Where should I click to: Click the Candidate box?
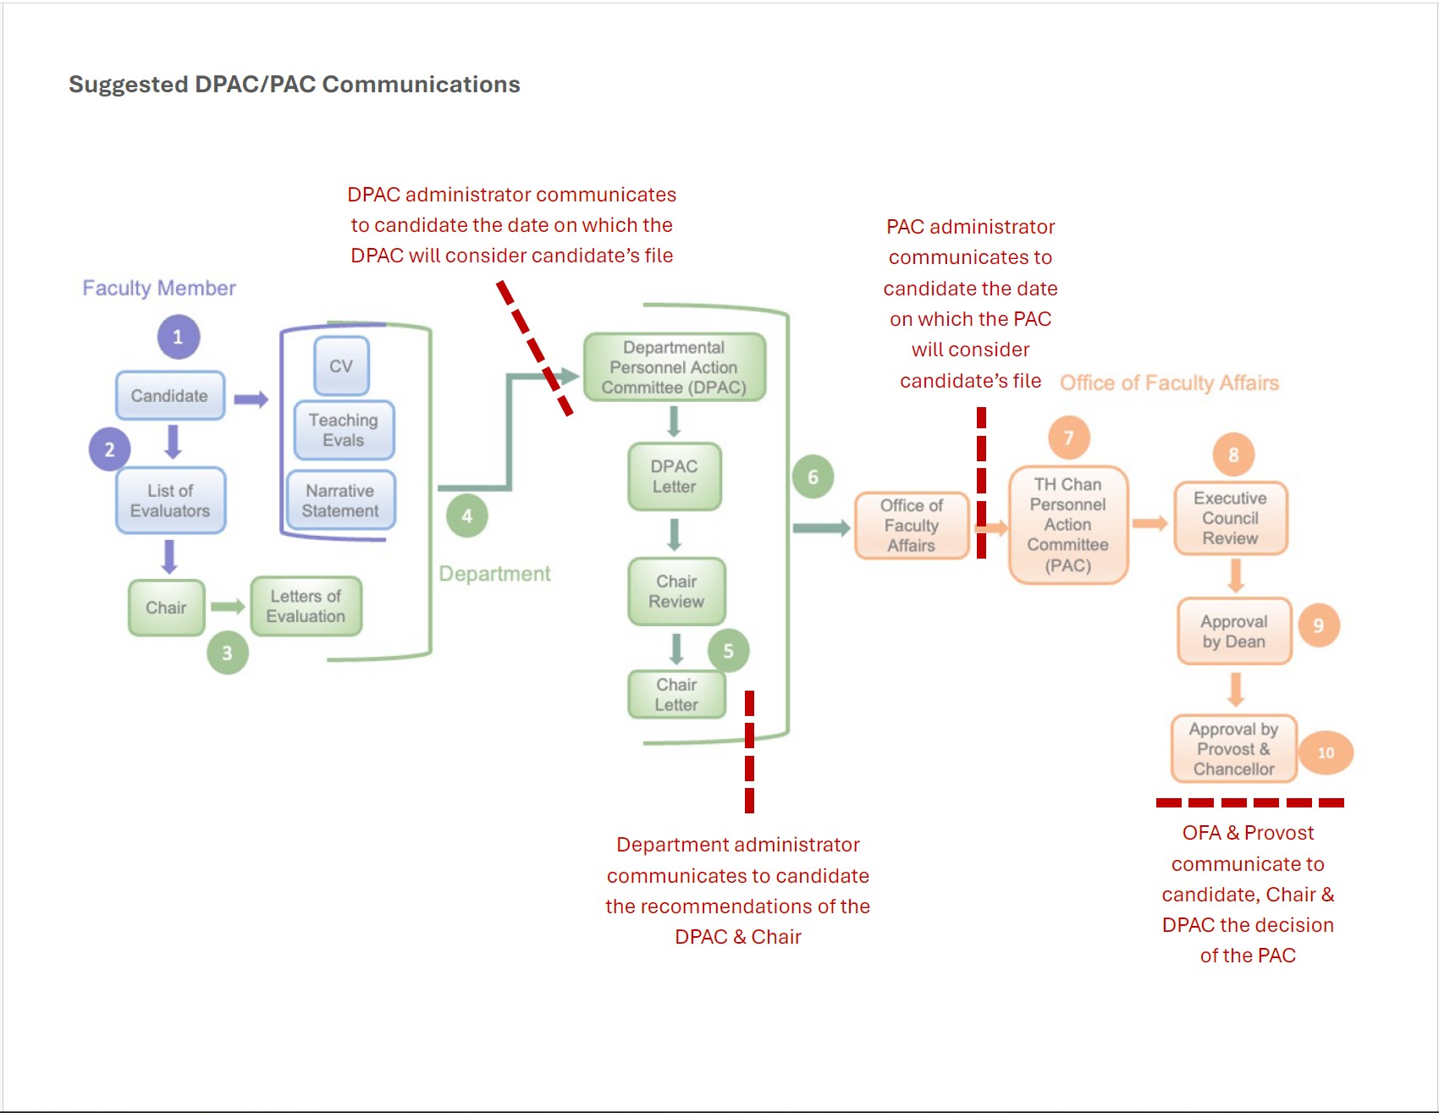coord(170,395)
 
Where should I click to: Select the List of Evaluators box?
coord(170,500)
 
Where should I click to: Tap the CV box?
coord(341,366)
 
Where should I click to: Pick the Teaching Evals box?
coord(343,430)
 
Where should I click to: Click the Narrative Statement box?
coord(340,500)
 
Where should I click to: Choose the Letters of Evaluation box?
coord(306,606)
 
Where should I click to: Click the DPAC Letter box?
coord(675,477)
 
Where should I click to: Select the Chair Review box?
coord(676,591)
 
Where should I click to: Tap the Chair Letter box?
coord(676,694)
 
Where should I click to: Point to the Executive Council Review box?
coord(1231,518)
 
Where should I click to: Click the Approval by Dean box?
coord(1234,631)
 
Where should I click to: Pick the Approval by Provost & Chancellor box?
coord(1234,749)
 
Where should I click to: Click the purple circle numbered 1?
coord(178,337)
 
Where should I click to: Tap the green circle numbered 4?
coord(467,515)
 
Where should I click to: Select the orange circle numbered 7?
coord(1069,438)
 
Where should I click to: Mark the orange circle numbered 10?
coord(1326,752)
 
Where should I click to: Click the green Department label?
coord(494,574)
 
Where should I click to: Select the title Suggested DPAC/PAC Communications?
coord(295,85)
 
